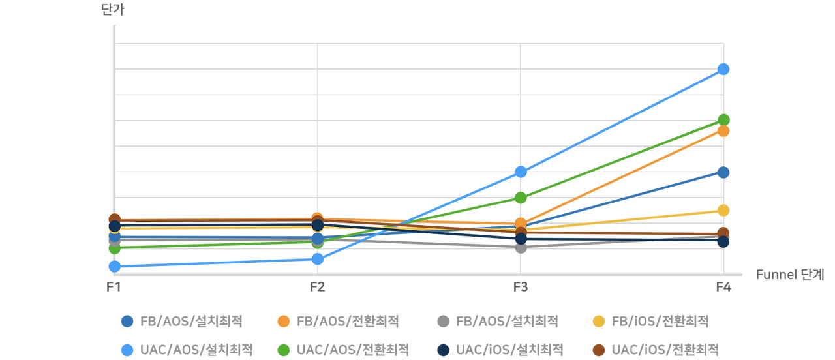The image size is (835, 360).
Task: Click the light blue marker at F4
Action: [x=723, y=68]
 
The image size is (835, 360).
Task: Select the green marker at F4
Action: [x=723, y=119]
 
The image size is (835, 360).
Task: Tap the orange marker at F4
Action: [x=723, y=131]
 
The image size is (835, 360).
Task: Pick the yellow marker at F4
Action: [x=723, y=210]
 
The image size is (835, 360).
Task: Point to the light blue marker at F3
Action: [x=521, y=172]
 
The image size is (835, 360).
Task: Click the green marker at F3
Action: [x=521, y=197]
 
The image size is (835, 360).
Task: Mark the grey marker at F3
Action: [x=521, y=247]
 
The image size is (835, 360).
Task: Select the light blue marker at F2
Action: [x=318, y=259]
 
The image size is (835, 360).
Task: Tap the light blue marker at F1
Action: [x=114, y=266]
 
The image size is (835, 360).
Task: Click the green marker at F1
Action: [x=114, y=248]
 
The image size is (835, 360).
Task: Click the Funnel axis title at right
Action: [x=790, y=275]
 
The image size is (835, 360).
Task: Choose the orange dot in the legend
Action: [x=283, y=321]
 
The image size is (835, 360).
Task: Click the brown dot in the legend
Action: [x=598, y=350]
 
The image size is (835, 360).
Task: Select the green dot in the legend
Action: [x=283, y=350]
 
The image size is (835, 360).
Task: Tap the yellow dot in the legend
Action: [x=598, y=321]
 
